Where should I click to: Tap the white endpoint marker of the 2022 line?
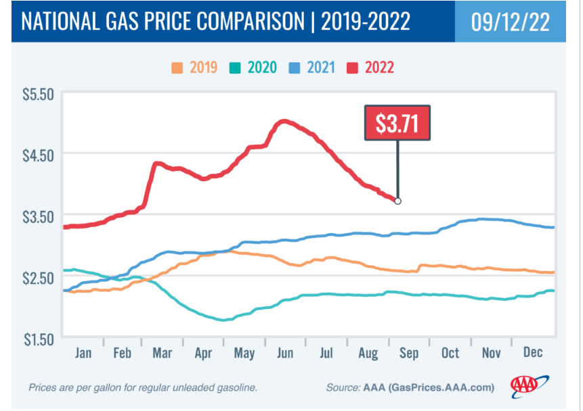point(397,201)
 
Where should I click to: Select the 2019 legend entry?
point(195,68)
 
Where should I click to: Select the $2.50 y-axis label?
point(39,278)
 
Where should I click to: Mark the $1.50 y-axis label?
point(39,339)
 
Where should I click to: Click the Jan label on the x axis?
point(83,354)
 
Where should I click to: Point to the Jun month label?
point(286,354)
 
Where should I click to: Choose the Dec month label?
point(532,354)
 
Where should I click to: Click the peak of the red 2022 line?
point(284,121)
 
